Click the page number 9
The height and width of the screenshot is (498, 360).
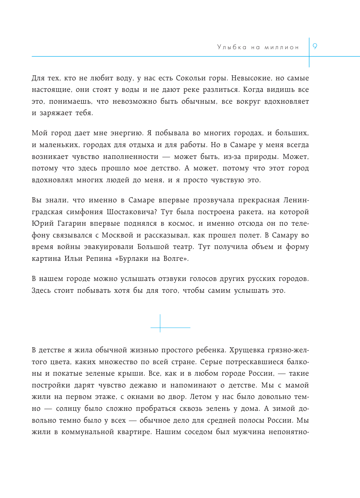tap(315, 46)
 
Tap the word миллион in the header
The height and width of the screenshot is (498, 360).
tap(282, 47)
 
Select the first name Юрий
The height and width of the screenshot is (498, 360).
tap(43, 224)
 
